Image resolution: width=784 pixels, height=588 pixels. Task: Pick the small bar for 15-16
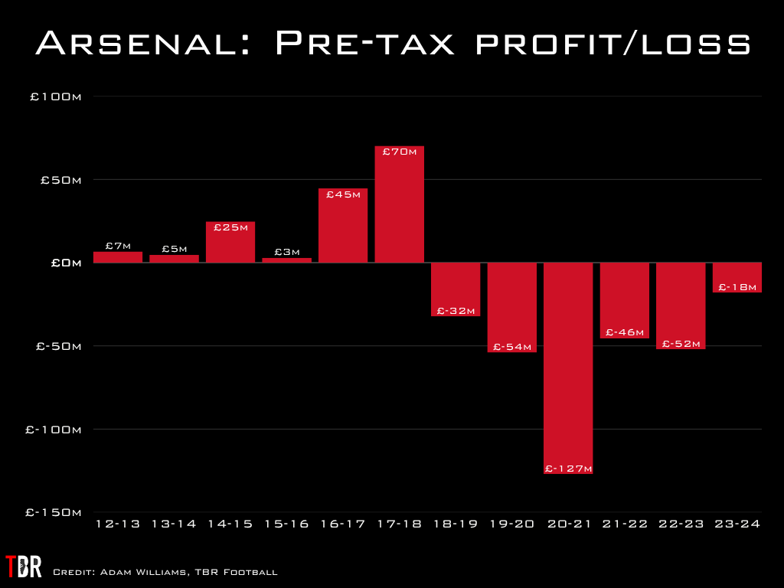pyautogui.click(x=286, y=260)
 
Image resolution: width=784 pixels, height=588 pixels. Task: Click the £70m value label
pyautogui.click(x=399, y=152)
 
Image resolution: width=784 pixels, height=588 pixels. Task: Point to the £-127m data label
pyautogui.click(x=568, y=468)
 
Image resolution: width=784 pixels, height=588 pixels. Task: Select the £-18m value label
pyautogui.click(x=737, y=286)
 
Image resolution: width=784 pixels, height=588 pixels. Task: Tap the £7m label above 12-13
pyautogui.click(x=118, y=246)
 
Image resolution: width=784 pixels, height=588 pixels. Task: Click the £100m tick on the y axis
pyautogui.click(x=54, y=97)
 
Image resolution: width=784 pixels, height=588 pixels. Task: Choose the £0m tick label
pyautogui.click(x=67, y=263)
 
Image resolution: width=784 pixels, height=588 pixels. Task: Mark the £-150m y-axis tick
pyautogui.click(x=53, y=512)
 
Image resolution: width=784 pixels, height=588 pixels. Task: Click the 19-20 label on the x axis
pyautogui.click(x=511, y=524)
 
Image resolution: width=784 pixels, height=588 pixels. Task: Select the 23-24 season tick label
pyautogui.click(x=737, y=524)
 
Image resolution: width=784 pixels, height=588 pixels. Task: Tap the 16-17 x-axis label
pyautogui.click(x=342, y=524)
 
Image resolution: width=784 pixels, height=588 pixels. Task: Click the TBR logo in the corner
pyautogui.click(x=23, y=567)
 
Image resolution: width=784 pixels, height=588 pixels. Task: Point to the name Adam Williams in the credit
pyautogui.click(x=129, y=572)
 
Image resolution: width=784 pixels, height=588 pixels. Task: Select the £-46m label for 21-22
pyautogui.click(x=625, y=332)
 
